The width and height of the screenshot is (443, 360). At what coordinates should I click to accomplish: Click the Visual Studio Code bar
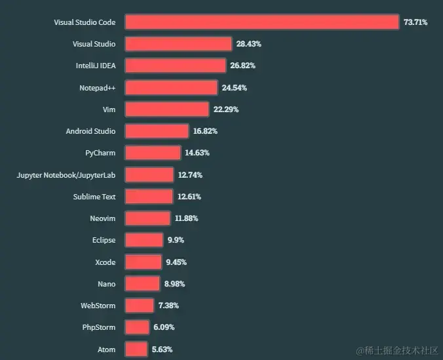click(x=261, y=22)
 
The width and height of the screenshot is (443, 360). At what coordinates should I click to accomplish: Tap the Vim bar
click(x=166, y=110)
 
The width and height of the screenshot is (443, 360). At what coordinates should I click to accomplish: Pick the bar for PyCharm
click(x=153, y=153)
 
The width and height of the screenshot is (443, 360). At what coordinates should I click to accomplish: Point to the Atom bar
click(x=136, y=350)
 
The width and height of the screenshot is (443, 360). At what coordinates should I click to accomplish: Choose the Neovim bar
click(x=147, y=218)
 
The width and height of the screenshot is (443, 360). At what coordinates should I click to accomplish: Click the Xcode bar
click(x=143, y=262)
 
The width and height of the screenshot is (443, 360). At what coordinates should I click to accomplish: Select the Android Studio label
click(x=90, y=131)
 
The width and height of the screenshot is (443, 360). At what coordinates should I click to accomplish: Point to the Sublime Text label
click(x=94, y=197)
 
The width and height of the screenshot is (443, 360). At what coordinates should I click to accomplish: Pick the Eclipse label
click(x=104, y=240)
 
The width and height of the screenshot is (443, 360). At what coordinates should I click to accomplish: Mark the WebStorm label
click(x=98, y=306)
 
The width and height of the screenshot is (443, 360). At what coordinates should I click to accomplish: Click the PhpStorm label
click(x=99, y=327)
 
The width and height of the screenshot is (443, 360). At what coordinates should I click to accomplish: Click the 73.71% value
click(x=415, y=22)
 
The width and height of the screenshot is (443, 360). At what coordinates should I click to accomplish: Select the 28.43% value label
click(x=248, y=44)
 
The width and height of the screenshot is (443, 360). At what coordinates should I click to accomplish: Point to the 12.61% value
click(x=189, y=197)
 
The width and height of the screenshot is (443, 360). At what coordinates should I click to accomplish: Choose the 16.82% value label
click(x=205, y=131)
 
